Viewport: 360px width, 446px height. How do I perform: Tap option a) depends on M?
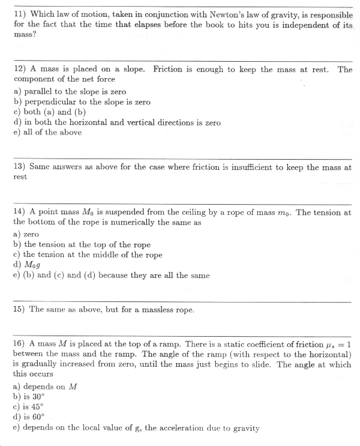(45, 387)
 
